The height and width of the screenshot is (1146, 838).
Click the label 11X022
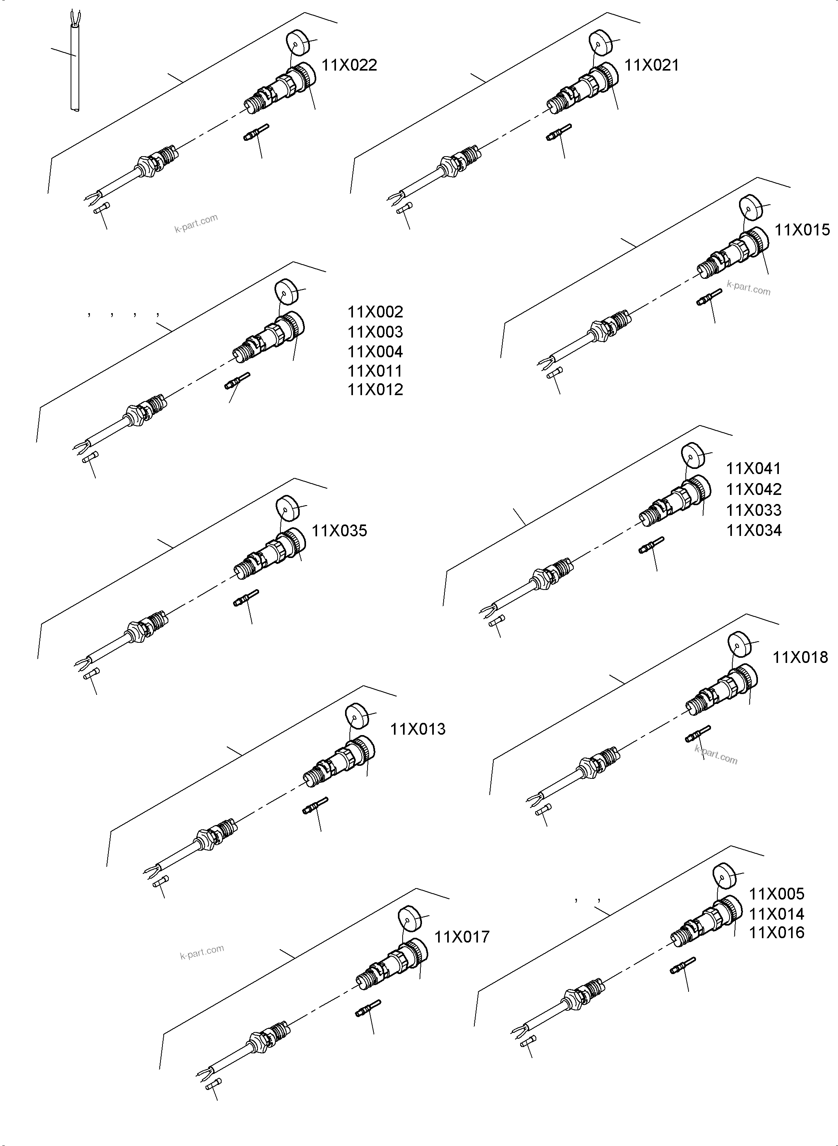coord(349,65)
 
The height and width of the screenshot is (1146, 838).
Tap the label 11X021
coord(651,65)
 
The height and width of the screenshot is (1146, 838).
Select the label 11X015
coord(802,230)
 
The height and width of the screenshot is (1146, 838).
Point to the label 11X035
coord(339,531)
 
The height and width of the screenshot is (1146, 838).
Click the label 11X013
coord(418,730)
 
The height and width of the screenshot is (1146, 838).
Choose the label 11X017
coord(462,937)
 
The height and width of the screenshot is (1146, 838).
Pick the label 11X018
coord(800,657)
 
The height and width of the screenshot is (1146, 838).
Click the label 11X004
coord(375,351)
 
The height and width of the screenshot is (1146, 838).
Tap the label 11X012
coord(375,390)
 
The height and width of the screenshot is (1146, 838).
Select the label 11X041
coord(753,469)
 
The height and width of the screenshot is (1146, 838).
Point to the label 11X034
coord(754,531)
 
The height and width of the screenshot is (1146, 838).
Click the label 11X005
coord(776,894)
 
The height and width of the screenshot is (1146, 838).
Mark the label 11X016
coord(776,932)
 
